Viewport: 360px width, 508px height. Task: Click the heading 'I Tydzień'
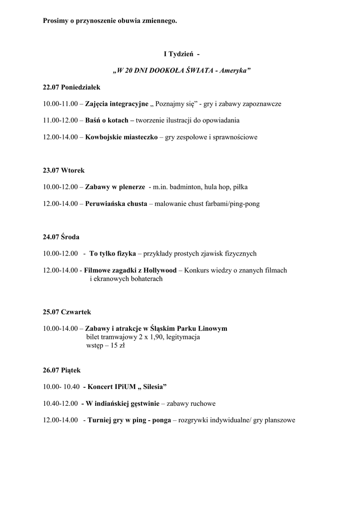point(178,54)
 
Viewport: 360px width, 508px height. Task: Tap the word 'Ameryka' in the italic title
point(233,70)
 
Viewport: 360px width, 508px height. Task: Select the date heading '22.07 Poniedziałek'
point(72,87)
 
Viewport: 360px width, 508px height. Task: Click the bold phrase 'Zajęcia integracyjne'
point(117,104)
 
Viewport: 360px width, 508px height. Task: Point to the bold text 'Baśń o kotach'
point(106,121)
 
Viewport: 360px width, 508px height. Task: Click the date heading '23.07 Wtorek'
point(64,170)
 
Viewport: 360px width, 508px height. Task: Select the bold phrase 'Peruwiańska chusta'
point(116,204)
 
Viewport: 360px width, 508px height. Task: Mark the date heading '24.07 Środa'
point(61,237)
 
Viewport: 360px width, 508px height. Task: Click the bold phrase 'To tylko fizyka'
point(113,254)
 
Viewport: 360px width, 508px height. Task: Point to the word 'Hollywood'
point(160,270)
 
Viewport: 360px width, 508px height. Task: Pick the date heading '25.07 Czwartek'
point(67,312)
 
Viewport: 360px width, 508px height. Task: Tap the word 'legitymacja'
point(183,337)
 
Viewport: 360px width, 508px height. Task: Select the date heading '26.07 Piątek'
point(62,370)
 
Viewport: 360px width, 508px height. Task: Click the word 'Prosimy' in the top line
point(56,21)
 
